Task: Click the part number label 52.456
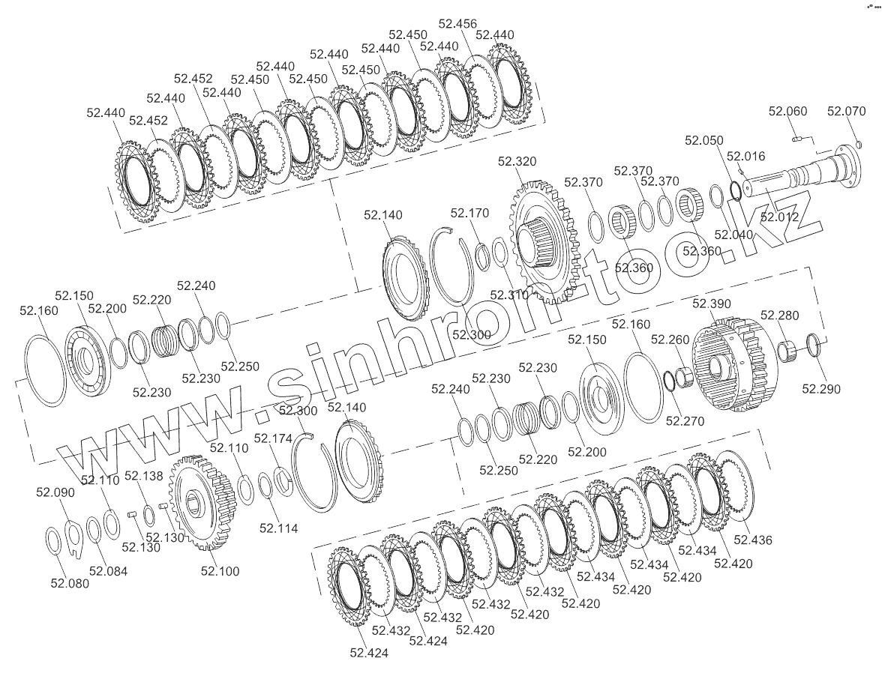click(x=457, y=24)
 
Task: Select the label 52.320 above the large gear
click(x=517, y=161)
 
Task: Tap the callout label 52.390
click(x=712, y=304)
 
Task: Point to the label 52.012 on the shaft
click(x=779, y=217)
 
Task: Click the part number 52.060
click(x=787, y=112)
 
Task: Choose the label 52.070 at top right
click(x=846, y=112)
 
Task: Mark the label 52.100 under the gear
click(x=220, y=571)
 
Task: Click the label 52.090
click(x=55, y=492)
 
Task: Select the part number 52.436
click(x=753, y=540)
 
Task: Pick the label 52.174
click(x=273, y=438)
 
